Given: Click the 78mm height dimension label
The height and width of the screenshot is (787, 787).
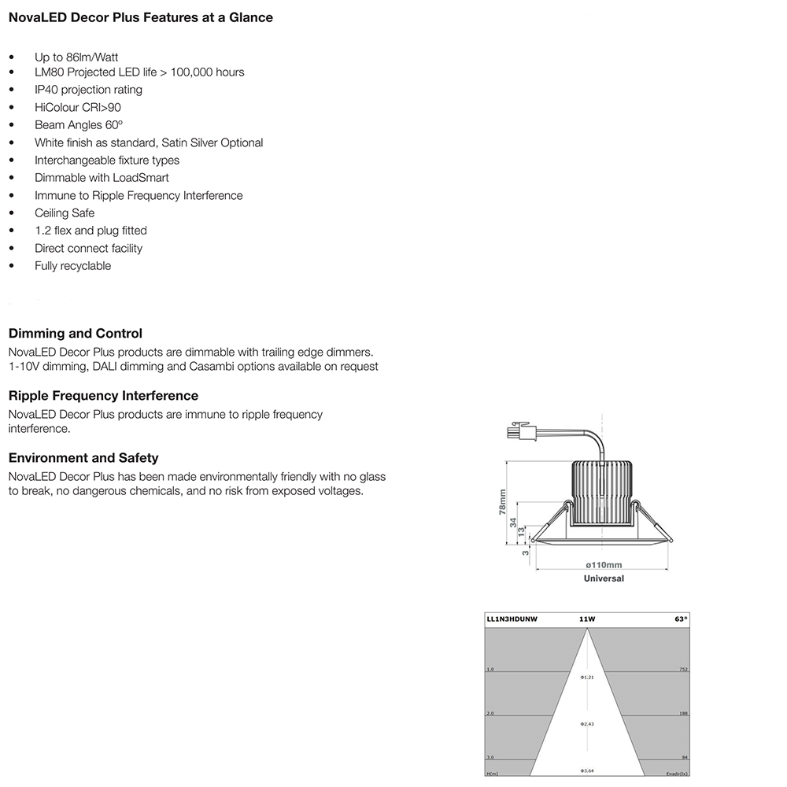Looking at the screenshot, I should pyautogui.click(x=503, y=501).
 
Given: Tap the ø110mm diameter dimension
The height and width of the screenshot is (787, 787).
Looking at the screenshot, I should pyautogui.click(x=604, y=565).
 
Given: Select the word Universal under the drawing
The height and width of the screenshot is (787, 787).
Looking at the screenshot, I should pyautogui.click(x=604, y=578).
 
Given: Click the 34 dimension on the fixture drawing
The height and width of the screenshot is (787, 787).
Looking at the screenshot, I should pyautogui.click(x=512, y=522).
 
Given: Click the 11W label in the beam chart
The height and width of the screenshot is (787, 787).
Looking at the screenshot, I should pyautogui.click(x=587, y=619).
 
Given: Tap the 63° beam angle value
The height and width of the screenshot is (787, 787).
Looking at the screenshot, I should pyautogui.click(x=681, y=619).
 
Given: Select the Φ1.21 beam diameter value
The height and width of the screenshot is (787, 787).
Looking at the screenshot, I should pyautogui.click(x=587, y=677).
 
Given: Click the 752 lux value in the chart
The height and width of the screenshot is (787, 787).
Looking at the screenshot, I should pyautogui.click(x=683, y=670).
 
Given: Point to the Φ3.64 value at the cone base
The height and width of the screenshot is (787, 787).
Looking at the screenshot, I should pyautogui.click(x=587, y=770).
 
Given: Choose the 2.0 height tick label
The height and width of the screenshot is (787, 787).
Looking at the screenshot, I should pyautogui.click(x=490, y=714).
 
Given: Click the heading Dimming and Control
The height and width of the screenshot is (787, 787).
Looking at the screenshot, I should pyautogui.click(x=75, y=334).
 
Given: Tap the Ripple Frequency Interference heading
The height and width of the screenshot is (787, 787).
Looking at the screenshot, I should pyautogui.click(x=103, y=396).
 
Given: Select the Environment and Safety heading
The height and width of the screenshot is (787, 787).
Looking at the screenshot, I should pyautogui.click(x=83, y=458).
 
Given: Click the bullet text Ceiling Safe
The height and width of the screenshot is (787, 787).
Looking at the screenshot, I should pyautogui.click(x=65, y=213).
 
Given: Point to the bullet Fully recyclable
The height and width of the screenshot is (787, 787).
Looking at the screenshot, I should pyautogui.click(x=72, y=266).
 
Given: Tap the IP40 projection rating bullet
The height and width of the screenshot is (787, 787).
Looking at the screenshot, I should pyautogui.click(x=88, y=90).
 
